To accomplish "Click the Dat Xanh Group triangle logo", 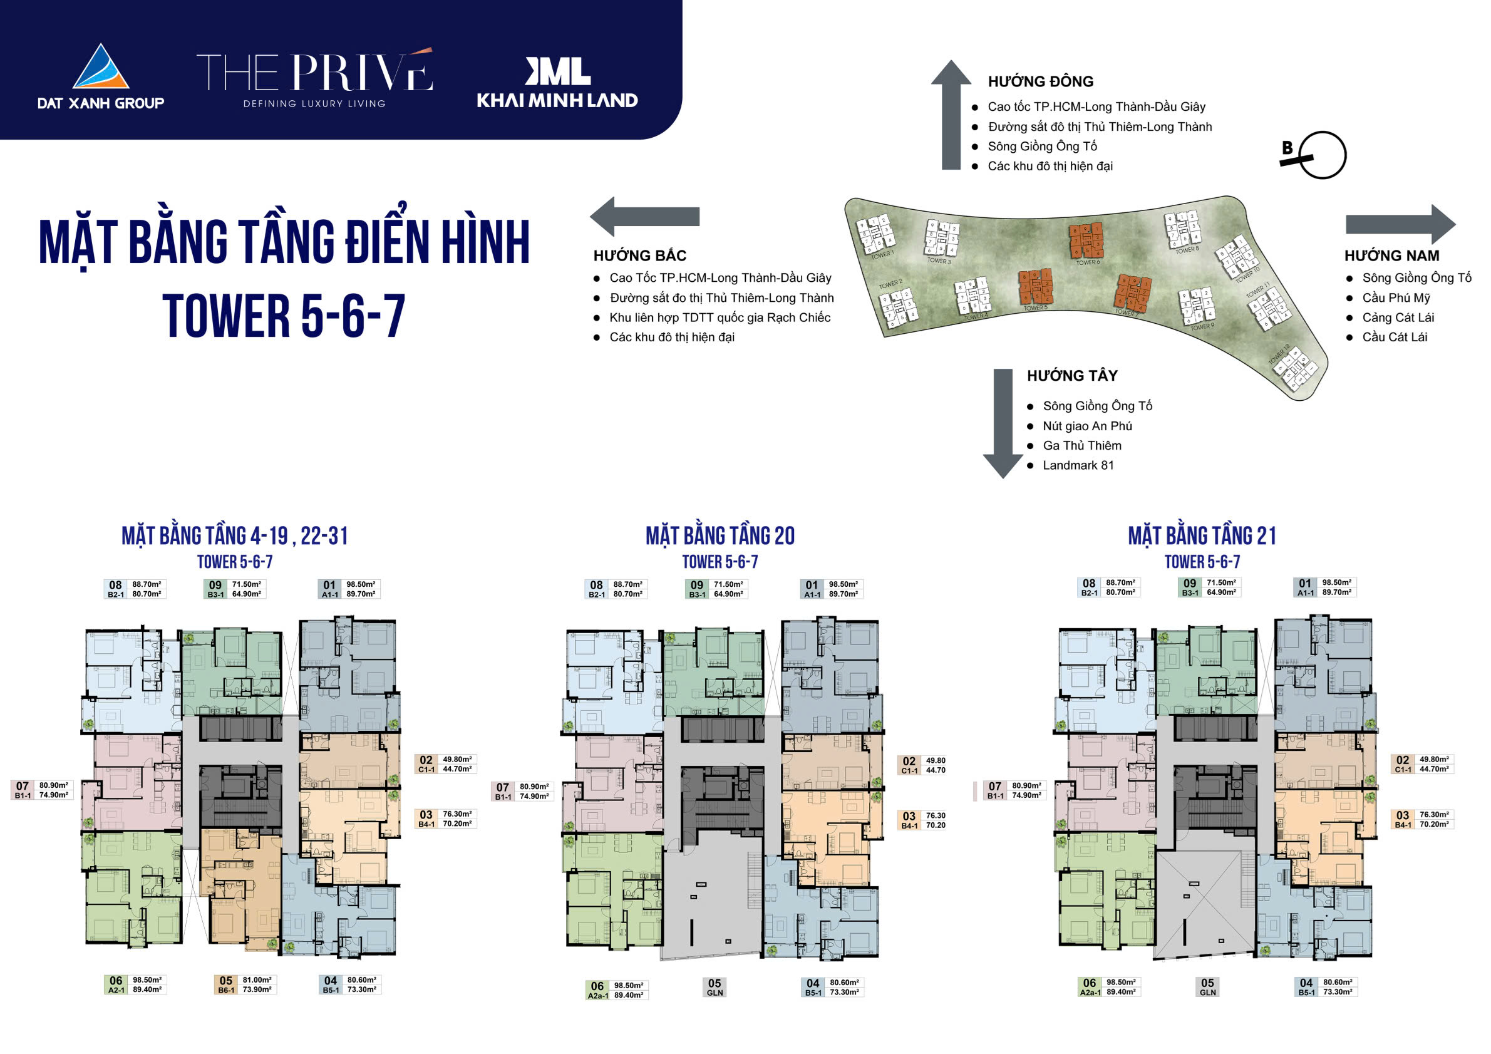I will point(101,68).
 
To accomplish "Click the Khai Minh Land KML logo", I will point(558,71).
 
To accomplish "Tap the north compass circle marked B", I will point(1322,155).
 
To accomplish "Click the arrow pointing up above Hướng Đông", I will point(951,113).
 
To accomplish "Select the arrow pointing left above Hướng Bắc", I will point(644,216).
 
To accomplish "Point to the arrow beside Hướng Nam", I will point(1400,224).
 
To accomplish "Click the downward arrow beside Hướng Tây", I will point(1003,423).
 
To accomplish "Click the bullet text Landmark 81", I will point(1078,465).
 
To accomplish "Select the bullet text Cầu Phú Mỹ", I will point(1396,297).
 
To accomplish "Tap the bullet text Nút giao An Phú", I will point(1087,426).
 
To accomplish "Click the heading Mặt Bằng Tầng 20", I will point(720,535).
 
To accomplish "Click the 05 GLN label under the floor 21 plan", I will point(1207,987).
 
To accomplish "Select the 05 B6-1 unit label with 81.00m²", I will point(245,984).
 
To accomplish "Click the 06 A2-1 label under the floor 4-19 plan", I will point(135,984).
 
